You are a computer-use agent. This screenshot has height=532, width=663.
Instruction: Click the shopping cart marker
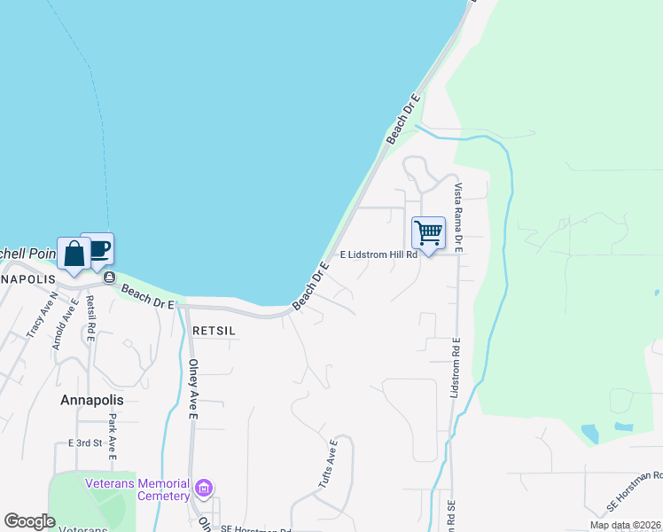(429, 233)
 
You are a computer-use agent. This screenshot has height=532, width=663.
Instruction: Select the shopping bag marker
(74, 254)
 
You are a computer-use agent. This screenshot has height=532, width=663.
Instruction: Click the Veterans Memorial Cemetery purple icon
(205, 489)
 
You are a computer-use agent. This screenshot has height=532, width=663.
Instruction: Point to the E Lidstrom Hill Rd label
(378, 254)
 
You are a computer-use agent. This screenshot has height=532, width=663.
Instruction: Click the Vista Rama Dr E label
(459, 218)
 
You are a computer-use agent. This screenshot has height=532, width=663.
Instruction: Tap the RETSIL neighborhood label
(213, 329)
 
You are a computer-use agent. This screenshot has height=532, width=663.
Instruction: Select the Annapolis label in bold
(92, 400)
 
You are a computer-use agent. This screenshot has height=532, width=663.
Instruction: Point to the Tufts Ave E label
(327, 464)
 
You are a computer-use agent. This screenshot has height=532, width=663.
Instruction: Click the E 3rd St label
(86, 442)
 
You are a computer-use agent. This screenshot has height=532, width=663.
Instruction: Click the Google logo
(29, 521)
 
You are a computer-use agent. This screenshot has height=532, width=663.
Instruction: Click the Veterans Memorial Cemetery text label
(137, 489)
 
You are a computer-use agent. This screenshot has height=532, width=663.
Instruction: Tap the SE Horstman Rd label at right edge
(635, 490)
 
